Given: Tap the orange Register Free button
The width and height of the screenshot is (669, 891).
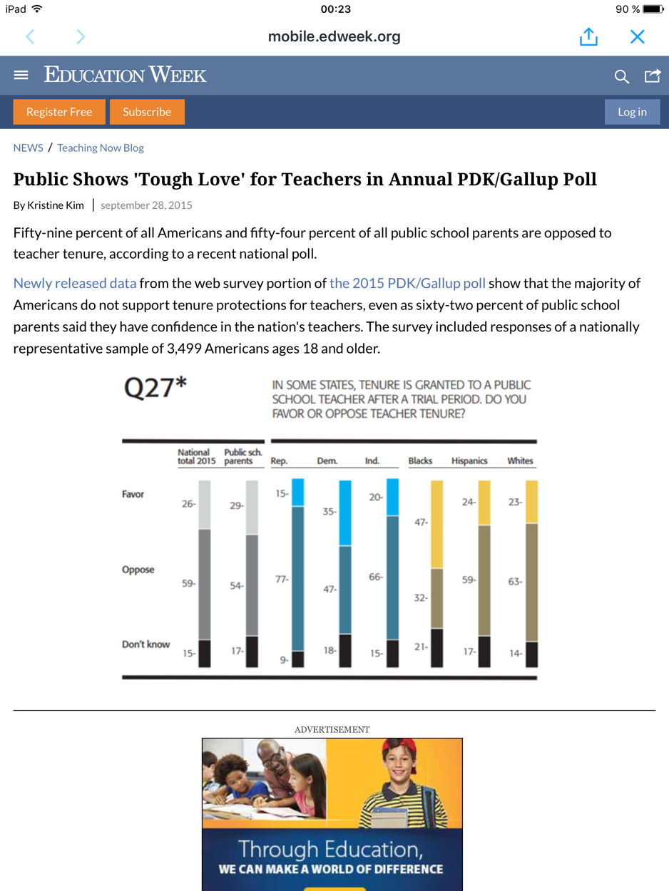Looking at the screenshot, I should tap(59, 112).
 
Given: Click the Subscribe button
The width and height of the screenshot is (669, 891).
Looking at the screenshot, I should tap(147, 112).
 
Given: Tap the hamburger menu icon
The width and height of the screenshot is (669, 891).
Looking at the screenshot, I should tap(21, 75).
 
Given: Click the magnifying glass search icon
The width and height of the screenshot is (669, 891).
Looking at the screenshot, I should tap(622, 76).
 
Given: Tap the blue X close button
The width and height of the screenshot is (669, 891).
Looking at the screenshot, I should tap(637, 36).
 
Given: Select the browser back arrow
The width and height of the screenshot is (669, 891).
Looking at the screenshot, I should tap(30, 36).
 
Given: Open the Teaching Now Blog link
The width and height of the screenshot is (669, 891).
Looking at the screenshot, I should tap(101, 148).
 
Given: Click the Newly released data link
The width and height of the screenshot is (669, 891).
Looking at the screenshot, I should tap(75, 283).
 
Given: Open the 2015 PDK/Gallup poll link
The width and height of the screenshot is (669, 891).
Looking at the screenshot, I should tap(407, 283).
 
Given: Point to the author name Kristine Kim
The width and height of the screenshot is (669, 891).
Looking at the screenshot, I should tap(56, 205).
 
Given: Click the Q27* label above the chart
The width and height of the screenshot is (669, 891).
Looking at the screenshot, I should tap(155, 388).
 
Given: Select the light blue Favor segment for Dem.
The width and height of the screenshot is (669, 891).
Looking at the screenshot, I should tap(345, 513).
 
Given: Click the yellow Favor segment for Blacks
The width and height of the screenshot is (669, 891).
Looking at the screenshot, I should tap(436, 524).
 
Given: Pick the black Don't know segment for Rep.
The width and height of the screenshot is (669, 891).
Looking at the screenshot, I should tap(297, 659).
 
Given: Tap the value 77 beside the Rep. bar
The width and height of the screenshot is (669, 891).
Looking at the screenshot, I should tap(282, 580).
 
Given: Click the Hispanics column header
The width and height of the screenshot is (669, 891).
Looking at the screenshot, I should tap(469, 461).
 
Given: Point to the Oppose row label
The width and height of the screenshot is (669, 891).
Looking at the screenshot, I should tap(138, 570).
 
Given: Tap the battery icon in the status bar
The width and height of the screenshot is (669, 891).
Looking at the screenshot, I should tap(653, 9).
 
